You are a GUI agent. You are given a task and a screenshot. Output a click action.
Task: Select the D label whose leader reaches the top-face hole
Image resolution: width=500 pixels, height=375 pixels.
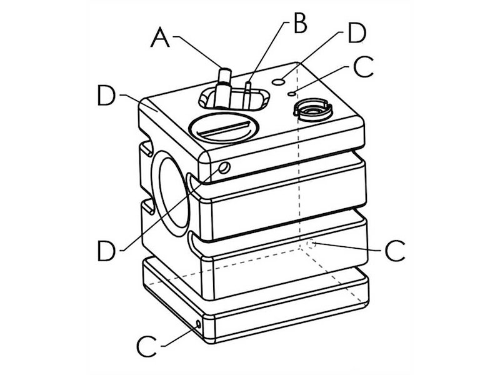point(355,34)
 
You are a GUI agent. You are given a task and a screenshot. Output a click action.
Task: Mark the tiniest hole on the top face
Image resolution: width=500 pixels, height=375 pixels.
point(292,93)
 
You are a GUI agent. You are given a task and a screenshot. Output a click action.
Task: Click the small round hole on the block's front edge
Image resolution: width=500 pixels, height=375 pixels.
point(224,167)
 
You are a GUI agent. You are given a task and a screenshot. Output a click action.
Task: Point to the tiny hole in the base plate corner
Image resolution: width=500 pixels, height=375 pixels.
point(199,324)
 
